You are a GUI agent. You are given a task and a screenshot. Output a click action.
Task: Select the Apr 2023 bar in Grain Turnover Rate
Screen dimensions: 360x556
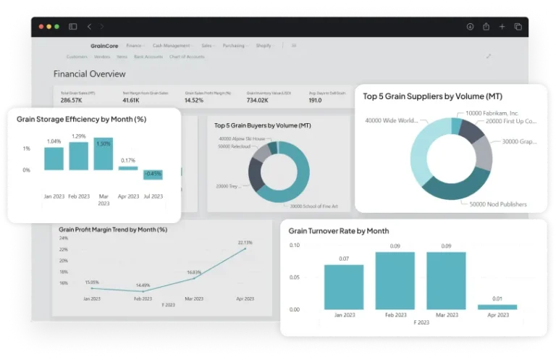pyautogui.click(x=497, y=307)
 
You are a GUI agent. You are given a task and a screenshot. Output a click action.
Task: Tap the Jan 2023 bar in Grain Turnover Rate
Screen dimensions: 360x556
pyautogui.click(x=344, y=287)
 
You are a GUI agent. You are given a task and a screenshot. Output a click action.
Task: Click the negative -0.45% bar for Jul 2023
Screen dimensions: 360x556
pyautogui.click(x=153, y=175)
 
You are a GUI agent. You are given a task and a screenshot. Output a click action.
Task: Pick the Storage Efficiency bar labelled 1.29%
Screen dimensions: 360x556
pyautogui.click(x=79, y=156)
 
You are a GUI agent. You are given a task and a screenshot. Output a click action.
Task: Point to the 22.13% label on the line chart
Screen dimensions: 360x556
pyautogui.click(x=245, y=243)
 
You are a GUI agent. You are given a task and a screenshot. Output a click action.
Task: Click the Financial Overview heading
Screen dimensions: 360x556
pyautogui.click(x=89, y=74)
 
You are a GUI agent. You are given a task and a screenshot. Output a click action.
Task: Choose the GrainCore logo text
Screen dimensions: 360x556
pyautogui.click(x=104, y=46)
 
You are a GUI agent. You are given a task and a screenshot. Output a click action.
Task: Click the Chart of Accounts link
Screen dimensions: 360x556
pyautogui.click(x=186, y=56)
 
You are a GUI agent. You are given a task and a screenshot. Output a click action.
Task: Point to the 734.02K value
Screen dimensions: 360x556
pyautogui.click(x=257, y=100)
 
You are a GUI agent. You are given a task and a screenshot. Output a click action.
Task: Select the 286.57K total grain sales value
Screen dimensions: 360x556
pyautogui.click(x=71, y=100)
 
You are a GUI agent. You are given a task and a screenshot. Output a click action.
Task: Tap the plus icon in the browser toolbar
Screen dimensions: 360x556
pyautogui.click(x=502, y=27)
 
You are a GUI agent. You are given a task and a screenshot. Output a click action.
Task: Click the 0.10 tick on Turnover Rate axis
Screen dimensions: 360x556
pyautogui.click(x=294, y=246)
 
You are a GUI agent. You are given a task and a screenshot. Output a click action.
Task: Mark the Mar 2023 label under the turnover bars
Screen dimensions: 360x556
pyautogui.click(x=447, y=315)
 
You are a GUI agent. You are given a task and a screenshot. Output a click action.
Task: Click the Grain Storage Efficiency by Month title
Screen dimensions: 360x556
pyautogui.click(x=81, y=119)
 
